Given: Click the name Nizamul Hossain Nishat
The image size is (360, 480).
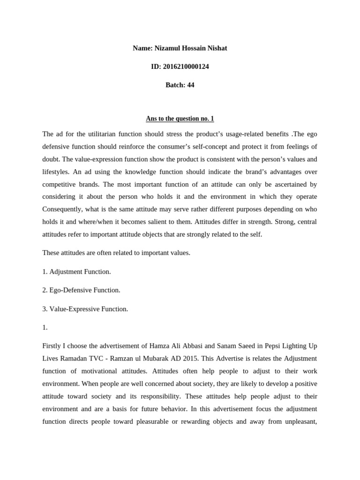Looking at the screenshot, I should click(x=193, y=48).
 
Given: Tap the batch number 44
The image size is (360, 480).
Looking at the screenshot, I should click(x=190, y=85).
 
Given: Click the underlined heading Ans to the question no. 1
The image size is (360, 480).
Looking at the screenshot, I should click(x=180, y=119).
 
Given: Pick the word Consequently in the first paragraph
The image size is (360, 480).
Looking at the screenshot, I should click(x=64, y=209).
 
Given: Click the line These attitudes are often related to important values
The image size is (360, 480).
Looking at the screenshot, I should click(x=116, y=253).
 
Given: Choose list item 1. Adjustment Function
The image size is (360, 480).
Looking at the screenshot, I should click(x=76, y=271).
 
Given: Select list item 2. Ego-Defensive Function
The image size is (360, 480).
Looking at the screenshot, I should click(x=81, y=290).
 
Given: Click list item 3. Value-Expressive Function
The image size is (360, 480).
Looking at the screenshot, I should click(x=85, y=309).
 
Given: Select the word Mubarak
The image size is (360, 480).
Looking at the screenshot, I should click(x=176, y=359).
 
